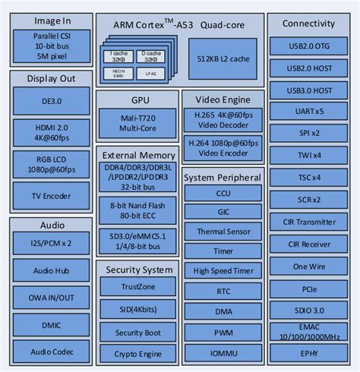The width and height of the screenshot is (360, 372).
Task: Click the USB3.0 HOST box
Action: [x=308, y=90]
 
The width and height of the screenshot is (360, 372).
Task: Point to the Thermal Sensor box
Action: [x=223, y=232]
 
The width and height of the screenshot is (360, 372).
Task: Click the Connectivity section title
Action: [x=308, y=24]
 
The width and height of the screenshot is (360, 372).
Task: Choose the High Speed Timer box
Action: [x=223, y=271]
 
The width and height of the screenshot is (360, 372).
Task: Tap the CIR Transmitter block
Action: [x=308, y=222]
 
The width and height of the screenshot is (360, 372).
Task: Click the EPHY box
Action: [x=308, y=352]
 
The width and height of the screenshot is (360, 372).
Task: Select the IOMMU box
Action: [x=223, y=352]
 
